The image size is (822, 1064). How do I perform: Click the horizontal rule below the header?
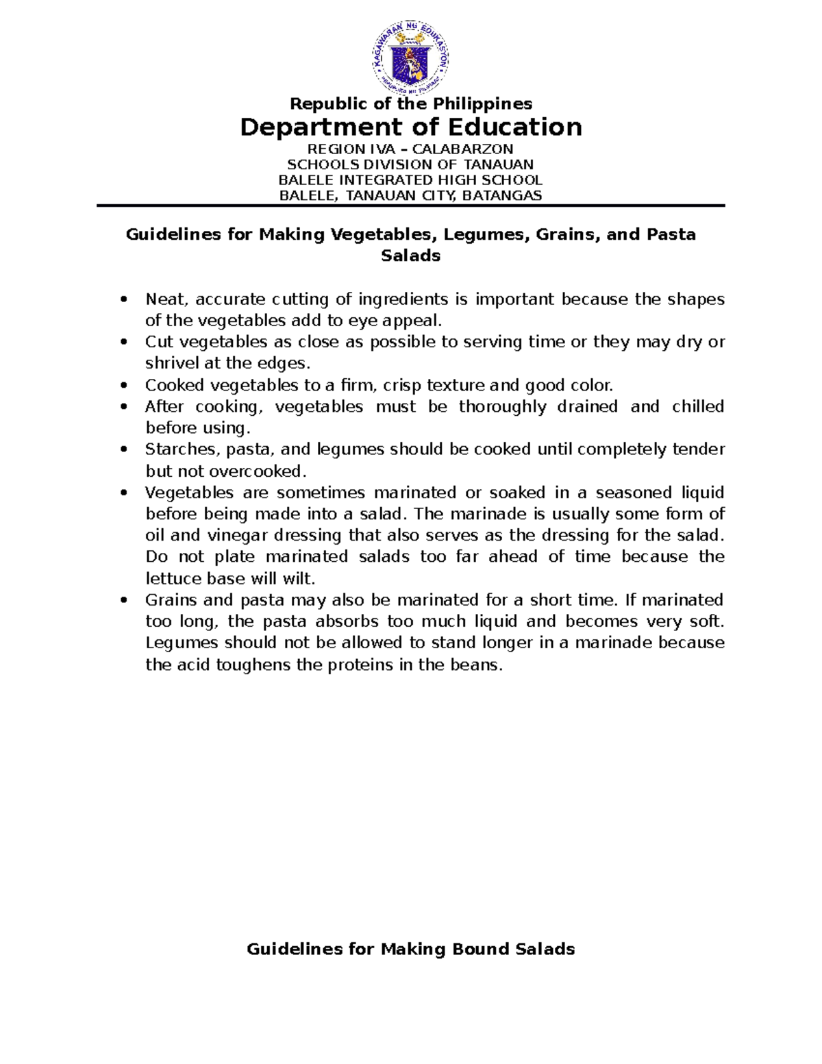click(x=410, y=206)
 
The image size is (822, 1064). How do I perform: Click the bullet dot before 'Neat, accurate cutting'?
click(x=123, y=299)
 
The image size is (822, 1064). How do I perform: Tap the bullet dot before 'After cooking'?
click(x=123, y=407)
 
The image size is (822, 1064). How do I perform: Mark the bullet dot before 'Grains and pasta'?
click(x=123, y=600)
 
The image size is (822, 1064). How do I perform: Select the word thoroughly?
click(x=502, y=407)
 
